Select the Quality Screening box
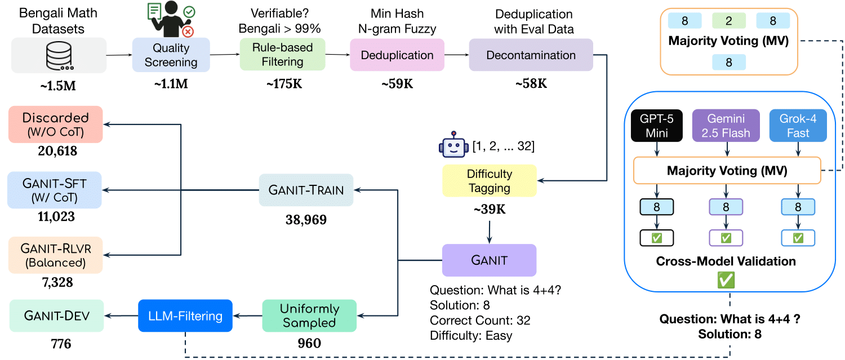click(x=171, y=55)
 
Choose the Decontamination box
click(x=531, y=55)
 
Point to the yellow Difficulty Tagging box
click(x=489, y=181)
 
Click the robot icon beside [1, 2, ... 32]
click(x=453, y=146)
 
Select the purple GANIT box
click(x=489, y=260)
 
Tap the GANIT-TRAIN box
click(x=306, y=190)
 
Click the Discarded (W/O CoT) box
click(x=56, y=125)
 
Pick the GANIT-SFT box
click(x=56, y=190)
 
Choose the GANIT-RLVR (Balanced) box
click(x=56, y=255)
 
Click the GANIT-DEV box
click(x=56, y=315)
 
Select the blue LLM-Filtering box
click(x=185, y=315)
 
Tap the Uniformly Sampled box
click(x=309, y=315)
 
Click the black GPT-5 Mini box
click(x=656, y=125)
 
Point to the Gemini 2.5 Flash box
click(x=726, y=125)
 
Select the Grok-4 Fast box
click(x=798, y=125)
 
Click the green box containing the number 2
click(x=728, y=21)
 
